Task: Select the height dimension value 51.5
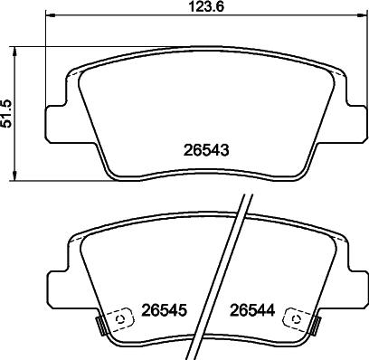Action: pos(8,115)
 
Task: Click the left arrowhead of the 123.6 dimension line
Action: pos(49,17)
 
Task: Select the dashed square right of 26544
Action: pos(295,317)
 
